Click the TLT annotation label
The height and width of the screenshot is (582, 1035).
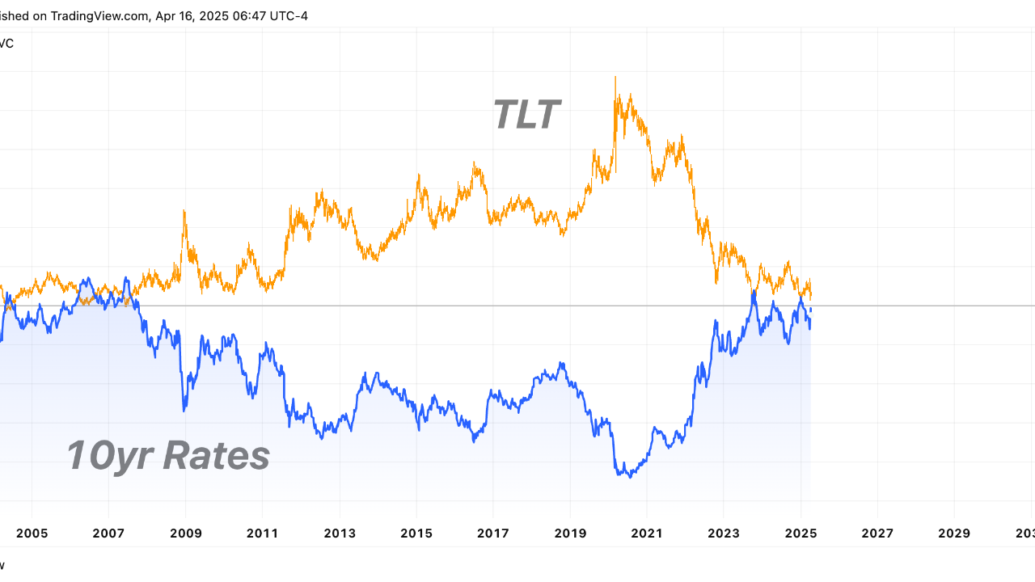(526, 114)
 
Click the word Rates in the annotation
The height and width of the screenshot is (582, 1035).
(216, 455)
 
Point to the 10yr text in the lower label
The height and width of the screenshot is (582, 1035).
(112, 455)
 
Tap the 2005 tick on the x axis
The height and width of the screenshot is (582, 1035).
(32, 533)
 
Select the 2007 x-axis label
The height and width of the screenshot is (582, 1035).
(109, 533)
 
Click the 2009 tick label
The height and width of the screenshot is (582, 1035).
(186, 533)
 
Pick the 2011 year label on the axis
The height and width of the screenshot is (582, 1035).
(263, 533)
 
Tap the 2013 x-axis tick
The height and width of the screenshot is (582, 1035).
(340, 533)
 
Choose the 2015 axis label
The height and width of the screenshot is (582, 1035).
(416, 533)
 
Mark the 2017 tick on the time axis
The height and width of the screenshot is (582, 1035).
(493, 533)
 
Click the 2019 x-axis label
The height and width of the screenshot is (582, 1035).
(570, 533)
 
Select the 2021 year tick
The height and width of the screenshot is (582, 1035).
(647, 533)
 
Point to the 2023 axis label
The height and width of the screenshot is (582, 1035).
(724, 533)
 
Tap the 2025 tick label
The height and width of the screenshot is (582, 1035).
(801, 533)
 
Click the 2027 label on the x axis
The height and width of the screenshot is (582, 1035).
(877, 533)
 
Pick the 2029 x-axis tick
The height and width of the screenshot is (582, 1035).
(954, 533)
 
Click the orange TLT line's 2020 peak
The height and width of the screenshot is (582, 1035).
(615, 78)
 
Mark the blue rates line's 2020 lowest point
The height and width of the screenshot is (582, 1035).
(629, 477)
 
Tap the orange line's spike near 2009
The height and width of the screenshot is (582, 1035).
(184, 212)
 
